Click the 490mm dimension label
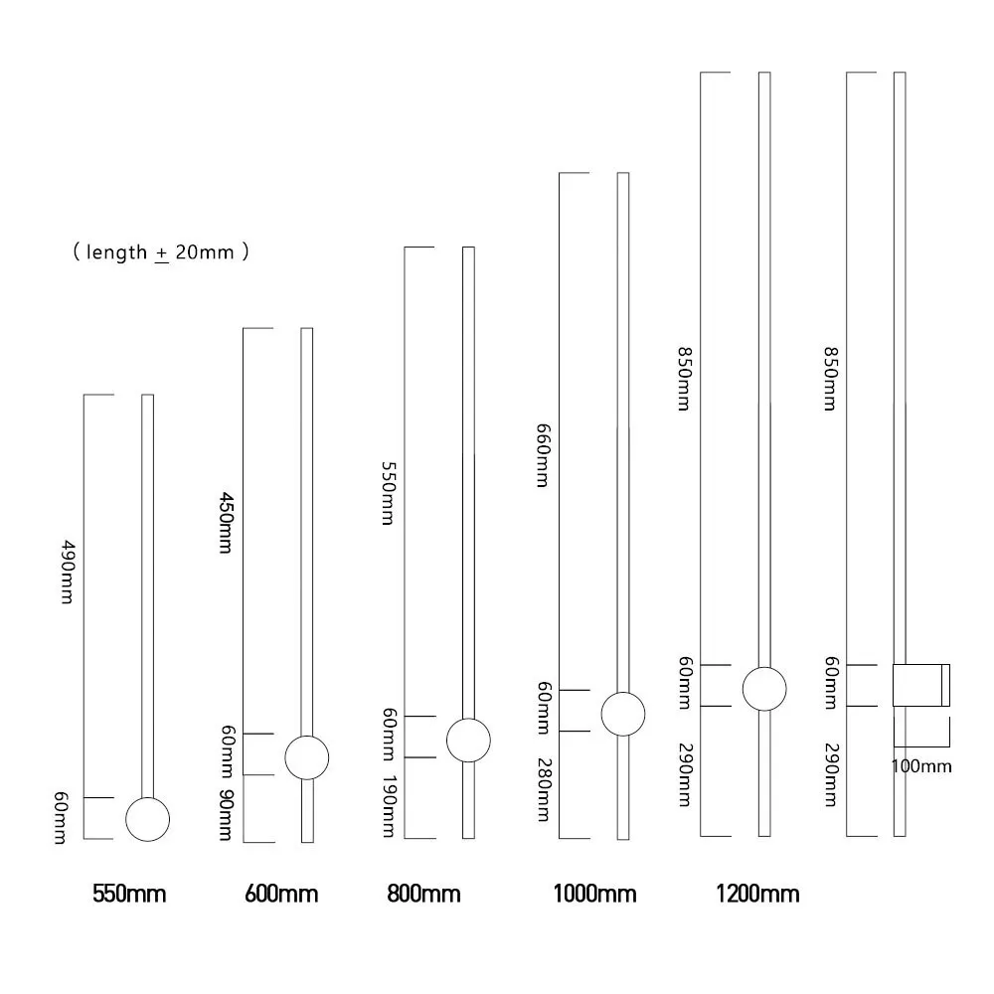tap(68, 576)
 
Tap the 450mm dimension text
tap(226, 523)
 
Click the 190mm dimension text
tap(390, 806)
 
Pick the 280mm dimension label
tap(543, 790)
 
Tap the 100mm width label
tap(921, 766)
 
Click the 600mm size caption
tap(281, 894)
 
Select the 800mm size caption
tap(423, 894)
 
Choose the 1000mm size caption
tap(594, 894)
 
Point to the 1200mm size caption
tap(757, 894)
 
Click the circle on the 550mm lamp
tap(148, 818)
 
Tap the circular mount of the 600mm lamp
tap(306, 758)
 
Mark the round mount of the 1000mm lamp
tap(623, 714)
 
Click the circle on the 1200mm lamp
tap(764, 689)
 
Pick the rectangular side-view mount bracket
tap(920, 685)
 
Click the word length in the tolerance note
tap(116, 252)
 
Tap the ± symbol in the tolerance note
tap(161, 253)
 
